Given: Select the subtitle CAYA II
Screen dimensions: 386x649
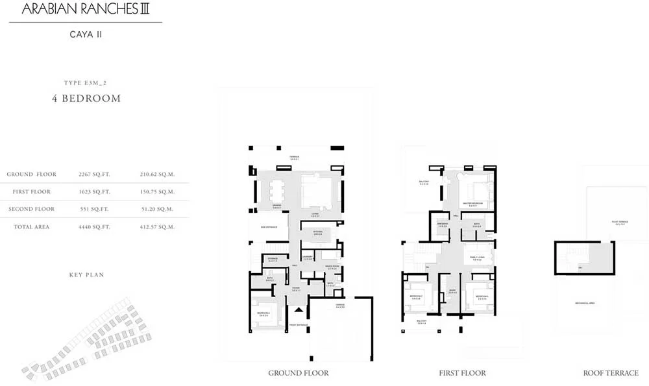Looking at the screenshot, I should pyautogui.click(x=85, y=34).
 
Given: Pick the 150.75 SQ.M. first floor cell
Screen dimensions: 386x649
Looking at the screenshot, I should pyautogui.click(x=157, y=192).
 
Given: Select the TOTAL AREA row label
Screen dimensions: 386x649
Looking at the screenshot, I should pyautogui.click(x=31, y=227).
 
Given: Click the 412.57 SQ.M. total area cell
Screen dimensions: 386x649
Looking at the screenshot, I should pyautogui.click(x=157, y=227).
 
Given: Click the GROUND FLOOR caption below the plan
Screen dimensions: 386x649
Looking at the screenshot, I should pyautogui.click(x=298, y=373).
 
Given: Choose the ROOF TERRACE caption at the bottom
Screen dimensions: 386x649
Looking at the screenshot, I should pyautogui.click(x=611, y=373).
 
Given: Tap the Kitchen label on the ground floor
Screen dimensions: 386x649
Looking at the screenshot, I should pyautogui.click(x=318, y=232).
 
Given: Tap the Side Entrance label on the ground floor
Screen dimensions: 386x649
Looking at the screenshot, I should pyautogui.click(x=269, y=228).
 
